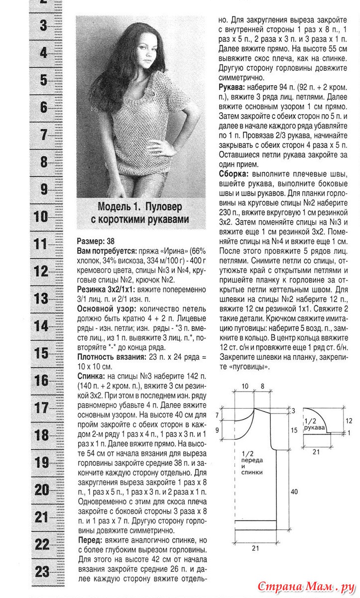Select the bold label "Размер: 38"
pyautogui.click(x=96, y=240)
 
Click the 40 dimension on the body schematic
pyautogui.click(x=294, y=491)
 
